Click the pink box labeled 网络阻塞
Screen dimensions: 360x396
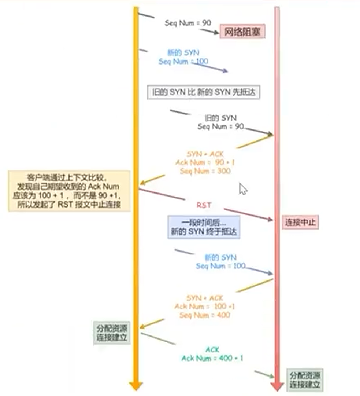tap(242, 32)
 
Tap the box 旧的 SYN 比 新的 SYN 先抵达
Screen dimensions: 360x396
tap(204, 93)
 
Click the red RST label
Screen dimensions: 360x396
tap(204, 205)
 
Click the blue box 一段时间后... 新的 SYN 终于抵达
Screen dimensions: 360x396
tap(204, 227)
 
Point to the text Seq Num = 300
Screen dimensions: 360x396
tap(205, 170)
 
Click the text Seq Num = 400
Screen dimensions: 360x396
tap(205, 315)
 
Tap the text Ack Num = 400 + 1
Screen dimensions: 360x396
tap(212, 358)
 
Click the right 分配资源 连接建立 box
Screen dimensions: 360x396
tap(305, 380)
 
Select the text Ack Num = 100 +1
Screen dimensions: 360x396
tap(205, 306)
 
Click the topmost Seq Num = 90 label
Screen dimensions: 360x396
tap(188, 23)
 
